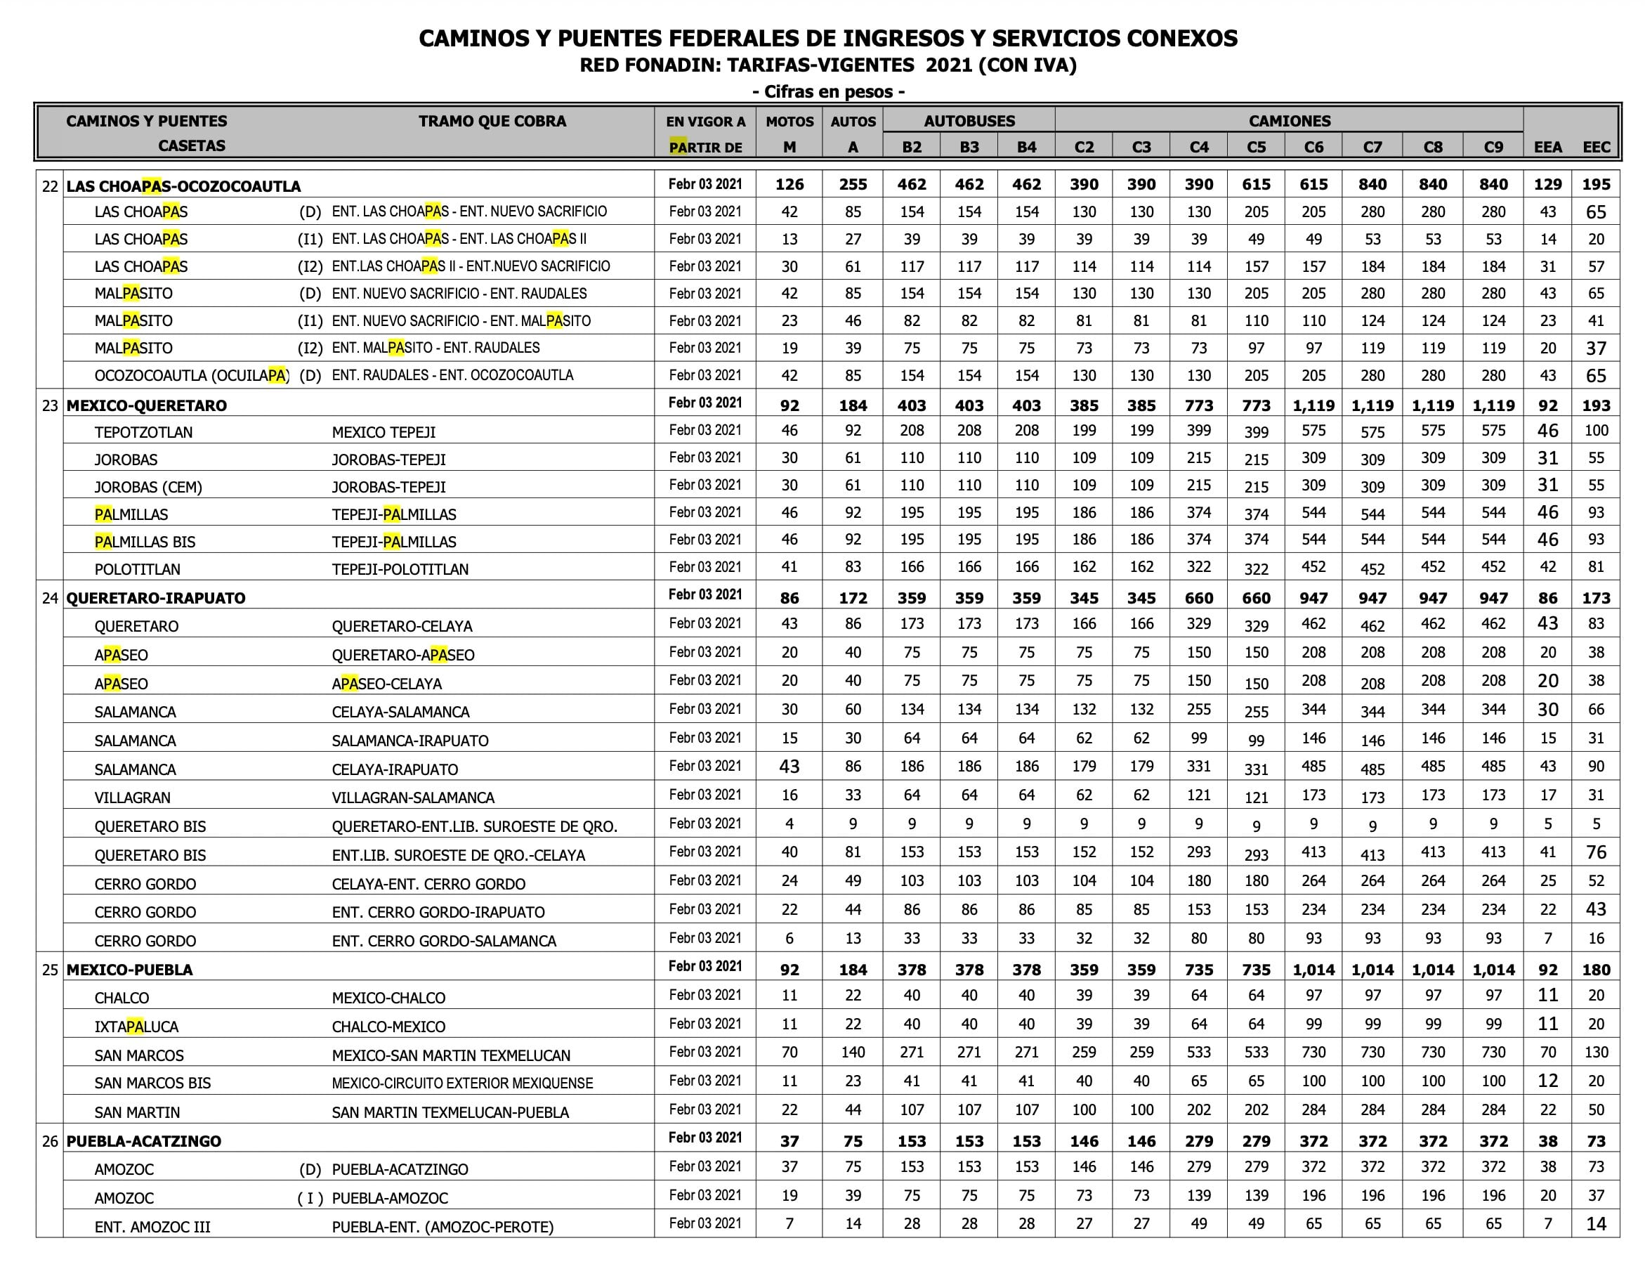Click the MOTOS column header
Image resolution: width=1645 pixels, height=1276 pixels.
pos(789,122)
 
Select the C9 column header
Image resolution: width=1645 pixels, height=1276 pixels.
pos(1493,147)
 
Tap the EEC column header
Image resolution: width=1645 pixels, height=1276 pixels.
pos(1596,147)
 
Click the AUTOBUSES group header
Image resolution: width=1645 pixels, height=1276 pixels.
pos(969,122)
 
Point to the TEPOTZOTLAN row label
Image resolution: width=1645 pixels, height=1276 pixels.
pos(143,433)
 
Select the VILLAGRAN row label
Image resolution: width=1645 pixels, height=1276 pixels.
pos(133,797)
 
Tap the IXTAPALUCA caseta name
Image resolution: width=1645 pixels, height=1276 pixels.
pos(136,1027)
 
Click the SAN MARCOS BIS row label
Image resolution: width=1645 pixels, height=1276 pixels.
pos(152,1083)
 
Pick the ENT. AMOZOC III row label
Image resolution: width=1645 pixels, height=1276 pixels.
pos(152,1227)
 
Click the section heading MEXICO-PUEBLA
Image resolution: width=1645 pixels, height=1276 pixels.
pos(129,970)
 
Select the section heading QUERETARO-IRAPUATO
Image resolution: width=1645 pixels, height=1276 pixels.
pos(155,599)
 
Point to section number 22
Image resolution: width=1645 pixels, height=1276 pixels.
pos(50,186)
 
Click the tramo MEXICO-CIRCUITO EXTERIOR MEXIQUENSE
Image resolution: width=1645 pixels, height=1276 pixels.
pos(461,1083)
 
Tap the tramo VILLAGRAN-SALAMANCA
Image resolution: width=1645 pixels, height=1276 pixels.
pos(413,797)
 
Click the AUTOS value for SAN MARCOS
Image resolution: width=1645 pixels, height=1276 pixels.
pos(853,1052)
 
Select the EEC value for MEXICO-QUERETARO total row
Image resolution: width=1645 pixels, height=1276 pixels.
pos(1596,405)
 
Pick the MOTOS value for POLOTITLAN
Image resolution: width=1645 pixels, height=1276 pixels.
pos(789,567)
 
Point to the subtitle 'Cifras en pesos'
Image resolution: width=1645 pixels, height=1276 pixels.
pos(829,92)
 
